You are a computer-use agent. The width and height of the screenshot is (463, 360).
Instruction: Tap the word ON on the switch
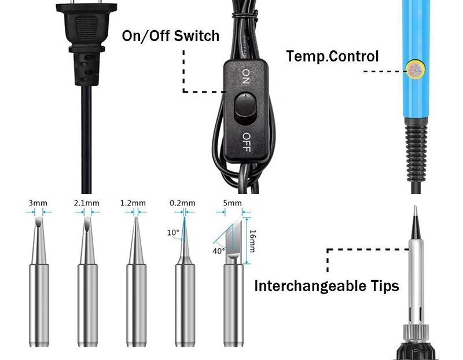(x=245, y=76)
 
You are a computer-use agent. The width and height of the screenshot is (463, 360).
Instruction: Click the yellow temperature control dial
(x=414, y=69)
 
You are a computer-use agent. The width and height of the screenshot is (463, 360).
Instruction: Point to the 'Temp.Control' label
(x=332, y=57)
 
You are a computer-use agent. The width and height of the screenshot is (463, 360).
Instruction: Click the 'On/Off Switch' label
(x=170, y=36)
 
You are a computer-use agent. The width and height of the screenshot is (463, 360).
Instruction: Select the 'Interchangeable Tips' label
(x=326, y=286)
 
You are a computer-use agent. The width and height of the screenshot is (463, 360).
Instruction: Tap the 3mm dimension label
(x=37, y=203)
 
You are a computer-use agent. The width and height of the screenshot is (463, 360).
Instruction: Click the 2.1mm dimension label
(x=87, y=203)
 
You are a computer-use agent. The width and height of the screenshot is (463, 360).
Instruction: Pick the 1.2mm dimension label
(x=134, y=203)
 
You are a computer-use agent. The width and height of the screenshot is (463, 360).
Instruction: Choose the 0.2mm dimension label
(x=182, y=203)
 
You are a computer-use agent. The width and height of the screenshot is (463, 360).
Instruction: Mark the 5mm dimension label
(x=231, y=203)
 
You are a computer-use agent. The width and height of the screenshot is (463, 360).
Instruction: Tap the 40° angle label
(x=219, y=251)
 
